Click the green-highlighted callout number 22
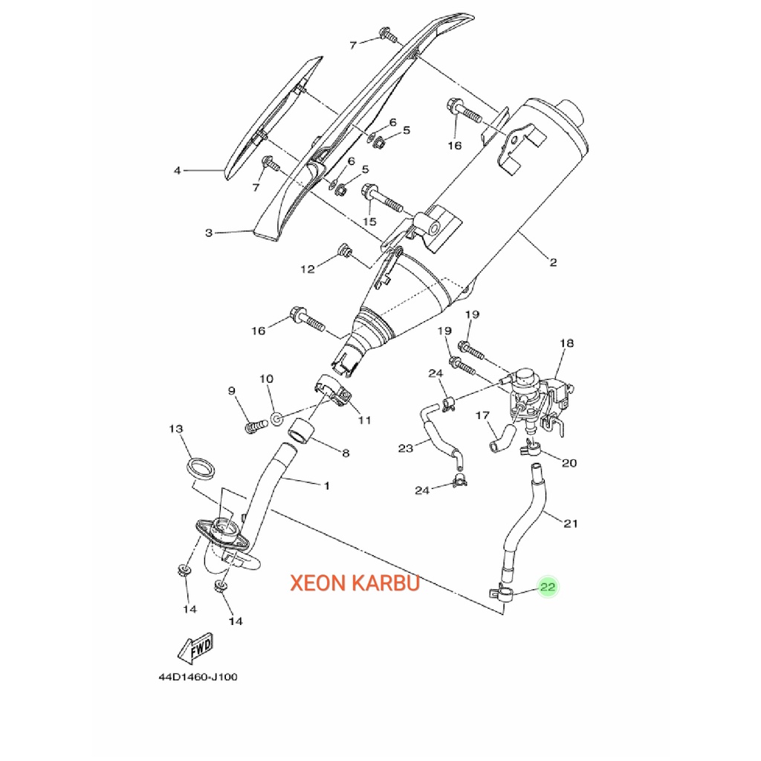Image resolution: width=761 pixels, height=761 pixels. (548, 587)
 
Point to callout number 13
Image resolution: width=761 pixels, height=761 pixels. (175, 430)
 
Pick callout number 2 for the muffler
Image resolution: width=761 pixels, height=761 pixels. (553, 262)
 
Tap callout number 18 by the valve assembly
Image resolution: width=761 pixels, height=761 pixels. (566, 343)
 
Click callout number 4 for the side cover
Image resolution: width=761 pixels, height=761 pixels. (177, 171)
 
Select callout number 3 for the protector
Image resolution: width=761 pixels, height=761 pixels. (209, 233)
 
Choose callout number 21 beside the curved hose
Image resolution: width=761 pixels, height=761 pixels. (570, 523)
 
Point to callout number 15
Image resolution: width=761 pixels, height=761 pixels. (370, 221)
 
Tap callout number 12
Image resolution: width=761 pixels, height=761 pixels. (308, 269)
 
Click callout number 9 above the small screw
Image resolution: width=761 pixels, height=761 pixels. (232, 390)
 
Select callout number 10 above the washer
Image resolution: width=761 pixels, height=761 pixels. (266, 379)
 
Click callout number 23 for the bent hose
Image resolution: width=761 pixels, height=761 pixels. (405, 447)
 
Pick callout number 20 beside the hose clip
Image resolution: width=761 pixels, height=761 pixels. (569, 463)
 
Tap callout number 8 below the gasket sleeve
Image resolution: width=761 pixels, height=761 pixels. (345, 452)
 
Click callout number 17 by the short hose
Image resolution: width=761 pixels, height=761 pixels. (482, 415)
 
